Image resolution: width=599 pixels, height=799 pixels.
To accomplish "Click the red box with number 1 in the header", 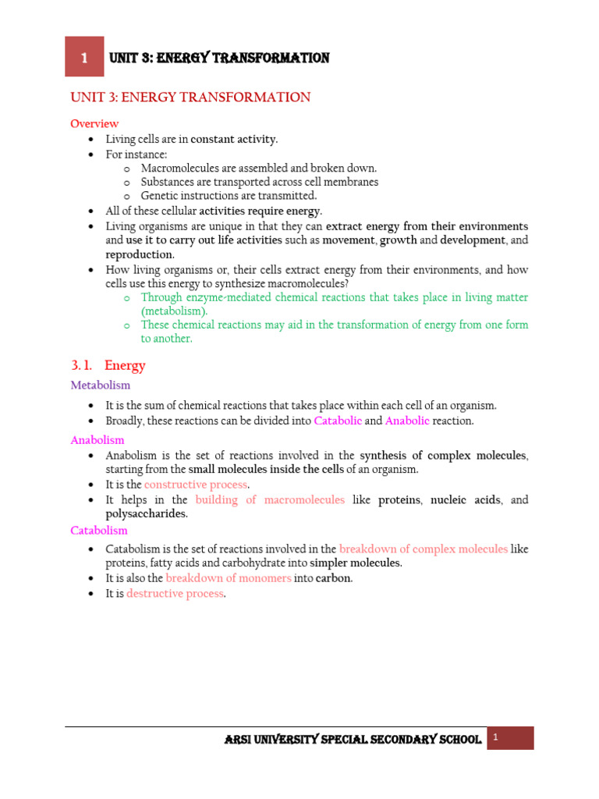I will point(84,58).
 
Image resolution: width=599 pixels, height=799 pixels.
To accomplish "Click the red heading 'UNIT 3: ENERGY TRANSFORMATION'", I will point(190,98).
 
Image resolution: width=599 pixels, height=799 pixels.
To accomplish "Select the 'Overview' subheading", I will point(94,123).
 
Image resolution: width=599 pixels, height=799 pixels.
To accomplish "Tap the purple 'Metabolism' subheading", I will point(101,385).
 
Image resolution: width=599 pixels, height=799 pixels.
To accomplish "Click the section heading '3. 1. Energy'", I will point(108,365).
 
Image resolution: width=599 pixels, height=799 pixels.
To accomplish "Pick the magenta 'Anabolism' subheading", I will point(97,440).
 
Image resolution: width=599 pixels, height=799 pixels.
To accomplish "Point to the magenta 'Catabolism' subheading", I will point(99,531).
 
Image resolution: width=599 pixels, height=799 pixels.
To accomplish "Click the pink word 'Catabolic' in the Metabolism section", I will point(338,421).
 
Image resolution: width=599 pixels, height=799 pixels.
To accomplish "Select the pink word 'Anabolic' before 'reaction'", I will point(407,421).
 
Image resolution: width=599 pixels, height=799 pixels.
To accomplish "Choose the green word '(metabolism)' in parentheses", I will point(174,311).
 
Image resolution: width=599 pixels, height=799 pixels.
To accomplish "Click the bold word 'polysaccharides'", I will point(146,513).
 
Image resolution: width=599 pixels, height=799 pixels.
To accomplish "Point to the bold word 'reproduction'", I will point(139,254).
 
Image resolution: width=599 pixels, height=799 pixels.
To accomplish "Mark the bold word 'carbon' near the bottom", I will point(333,578).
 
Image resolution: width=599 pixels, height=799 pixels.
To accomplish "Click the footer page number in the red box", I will point(494,737).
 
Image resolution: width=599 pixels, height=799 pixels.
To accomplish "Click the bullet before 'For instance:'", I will point(92,154).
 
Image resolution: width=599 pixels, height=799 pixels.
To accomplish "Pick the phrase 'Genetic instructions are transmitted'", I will point(229,196).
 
